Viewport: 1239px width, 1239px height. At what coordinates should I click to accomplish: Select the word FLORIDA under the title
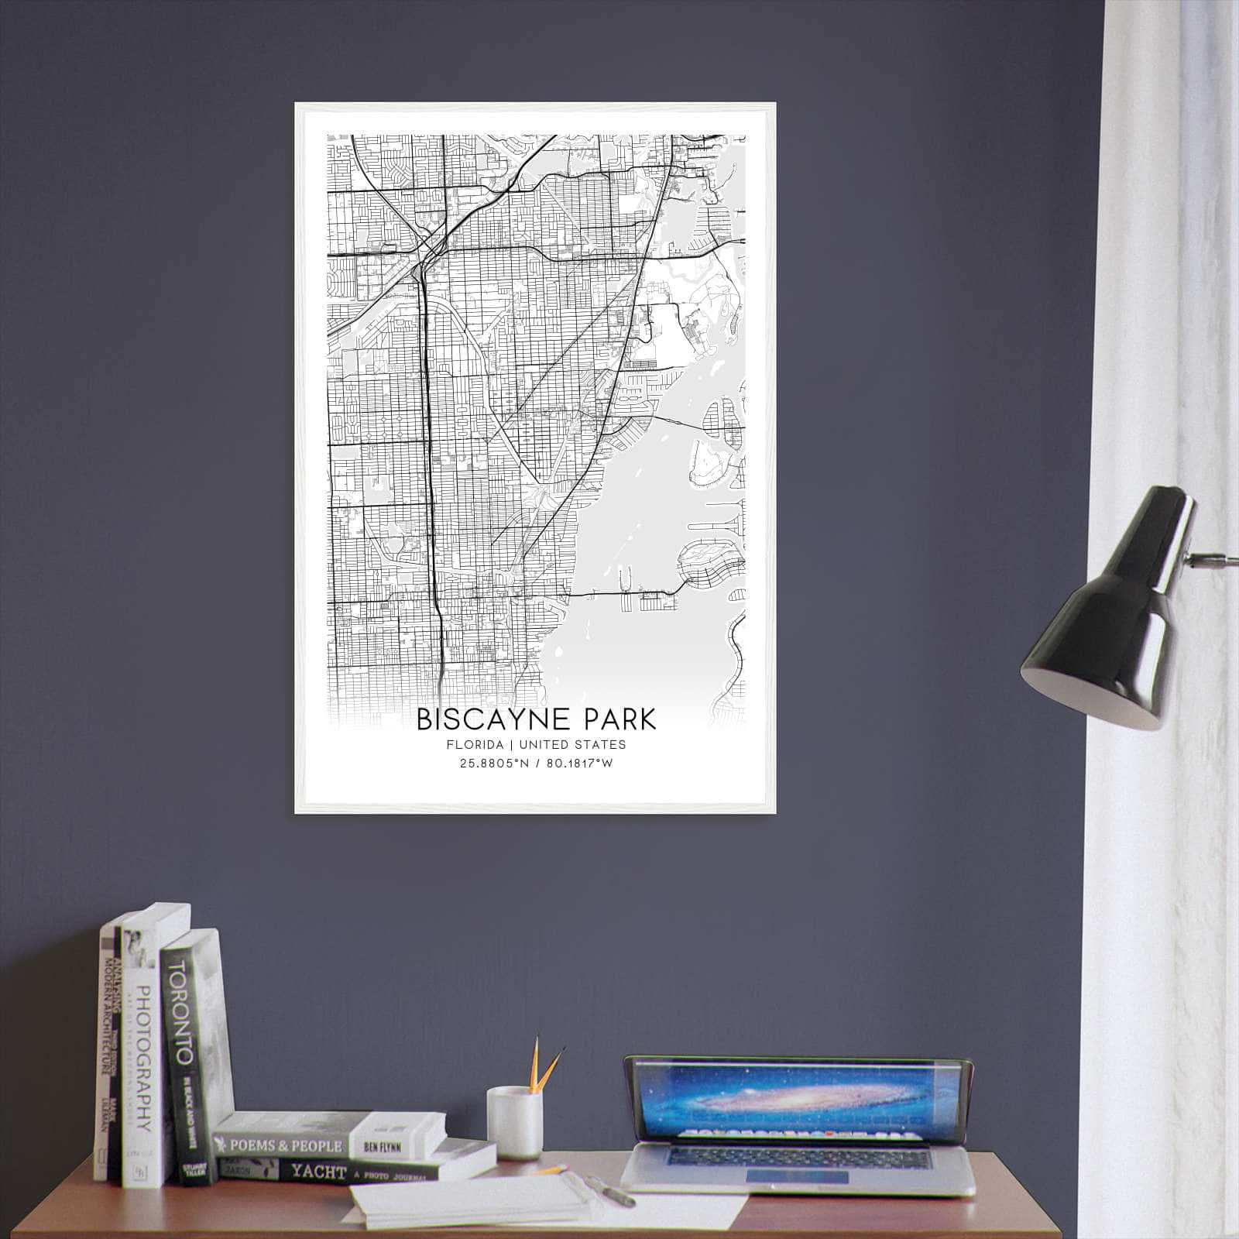tap(474, 745)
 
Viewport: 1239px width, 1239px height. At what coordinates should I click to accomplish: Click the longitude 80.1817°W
tap(576, 764)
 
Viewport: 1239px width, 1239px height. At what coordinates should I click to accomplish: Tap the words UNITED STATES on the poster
tap(572, 745)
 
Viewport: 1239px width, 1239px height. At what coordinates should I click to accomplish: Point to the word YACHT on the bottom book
tap(317, 1172)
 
